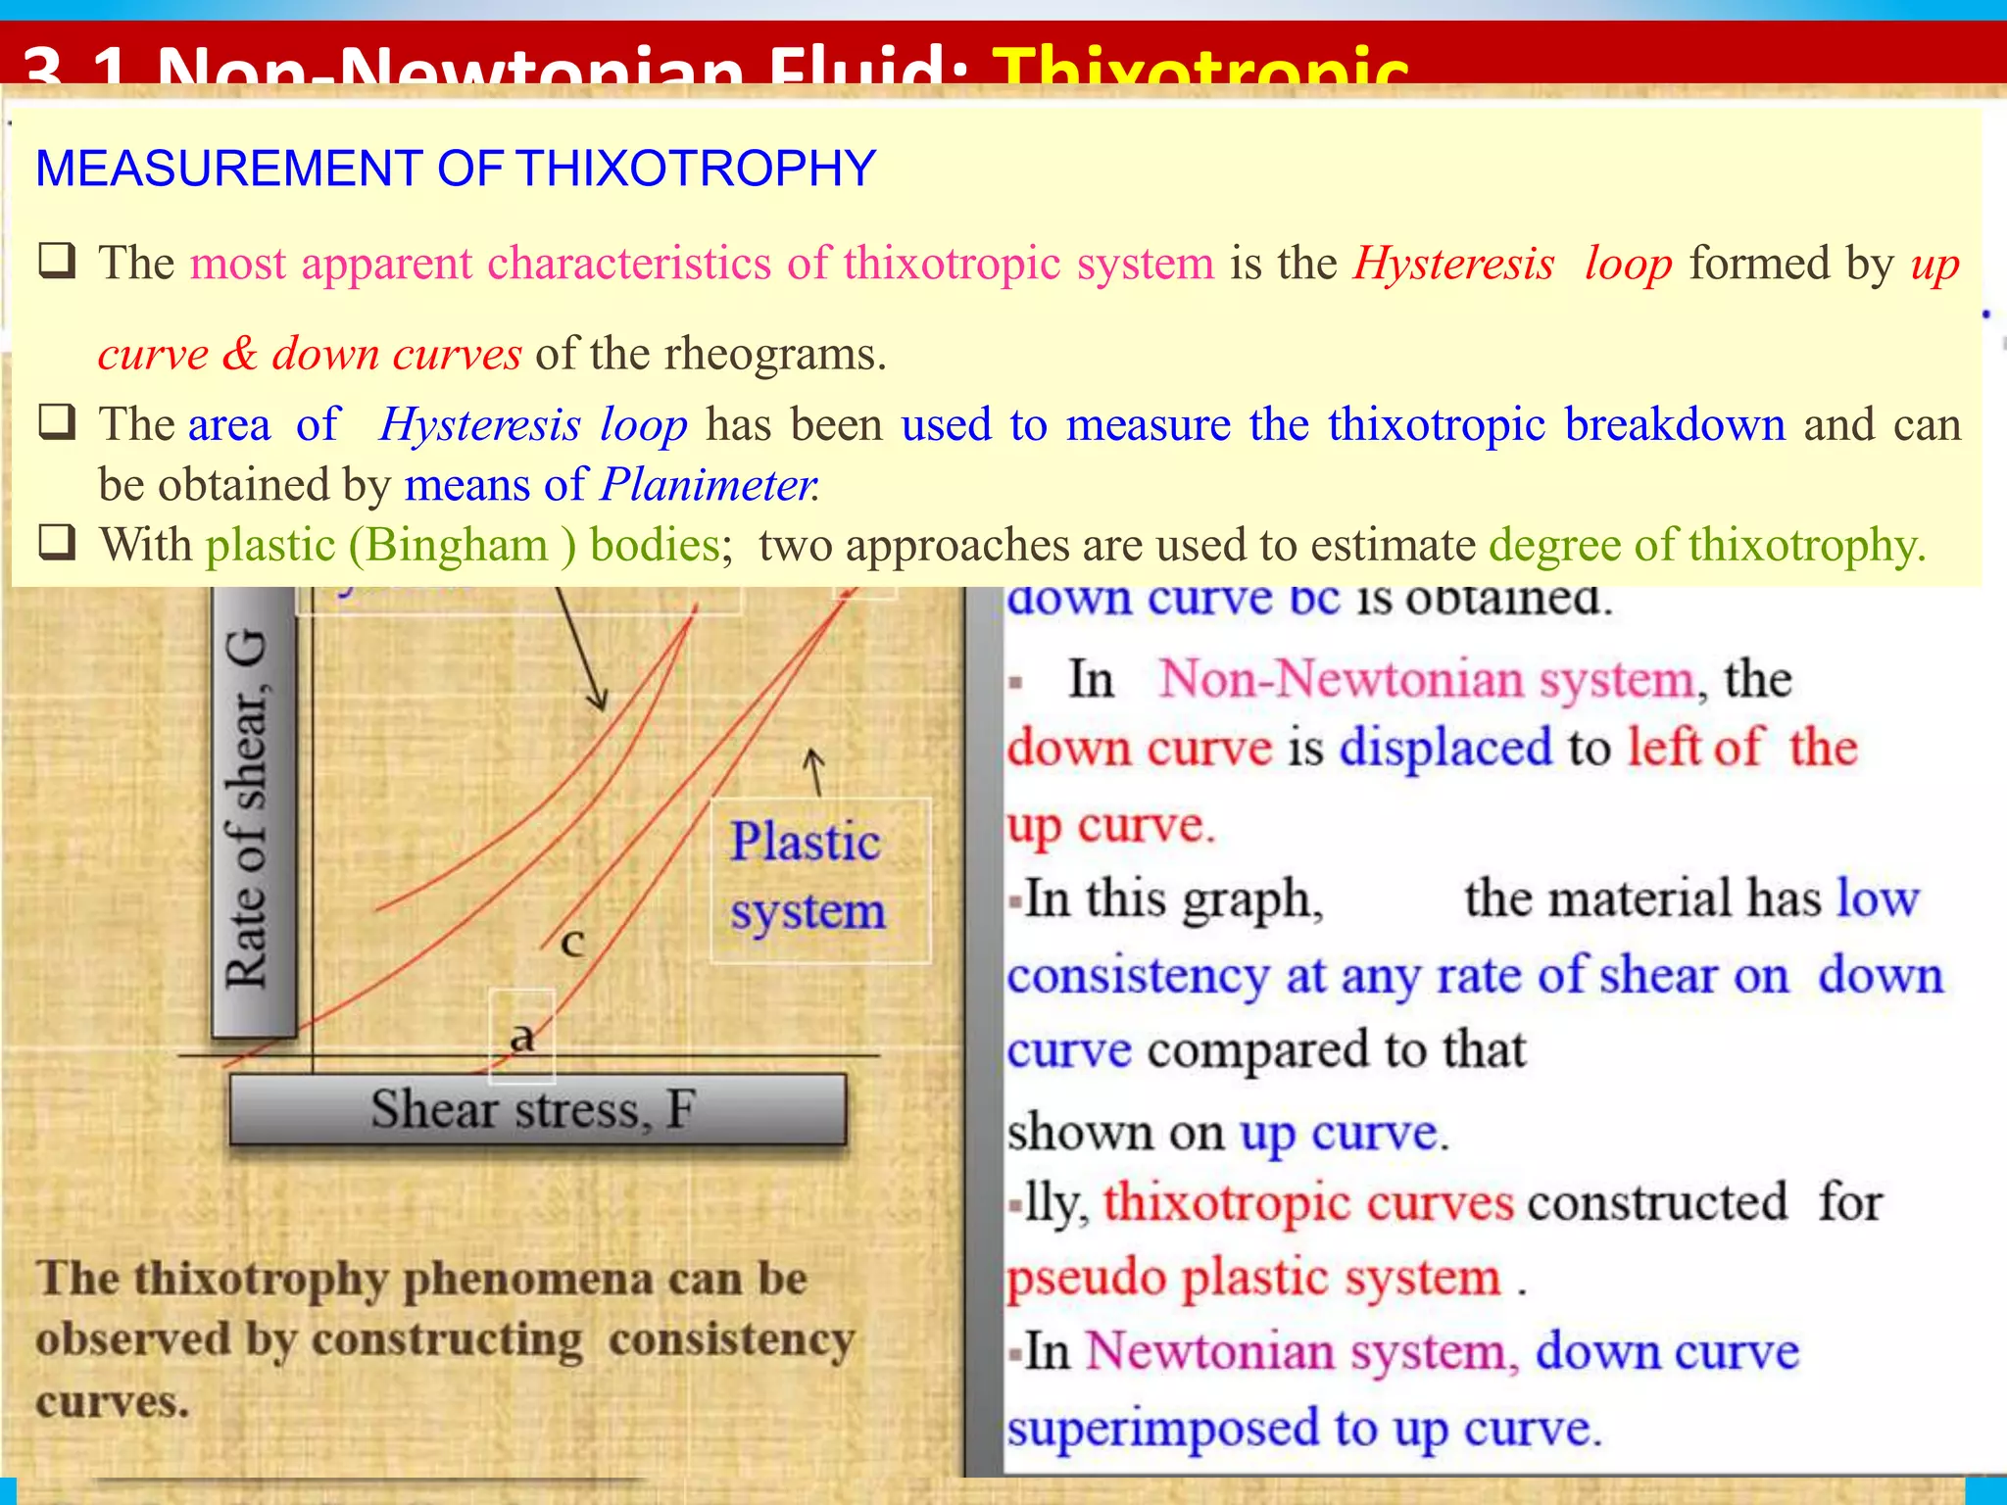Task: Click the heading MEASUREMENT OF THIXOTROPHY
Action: click(455, 169)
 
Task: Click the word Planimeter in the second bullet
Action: click(708, 485)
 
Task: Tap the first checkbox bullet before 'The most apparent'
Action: click(56, 262)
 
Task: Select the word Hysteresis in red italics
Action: click(1453, 264)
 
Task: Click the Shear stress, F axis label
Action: click(535, 1110)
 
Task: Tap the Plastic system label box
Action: click(808, 877)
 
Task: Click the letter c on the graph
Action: click(573, 943)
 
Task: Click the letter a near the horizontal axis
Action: click(522, 1036)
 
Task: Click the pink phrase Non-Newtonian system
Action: click(1427, 679)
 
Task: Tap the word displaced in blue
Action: click(1445, 748)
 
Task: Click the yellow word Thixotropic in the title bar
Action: click(1199, 67)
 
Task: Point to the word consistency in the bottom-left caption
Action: click(731, 1340)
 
